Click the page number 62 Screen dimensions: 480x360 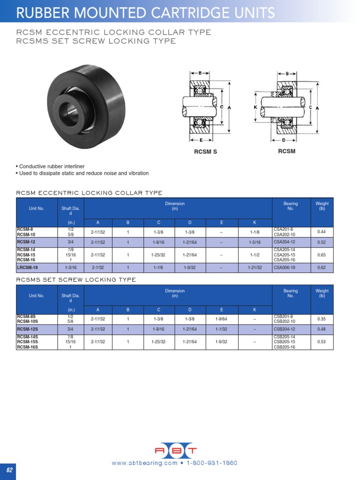[x=8, y=470]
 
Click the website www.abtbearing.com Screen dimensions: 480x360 [x=144, y=463]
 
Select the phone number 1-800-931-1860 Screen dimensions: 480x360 [x=212, y=463]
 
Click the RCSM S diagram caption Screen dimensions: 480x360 [x=206, y=152]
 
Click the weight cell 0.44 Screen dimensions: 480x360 [x=321, y=232]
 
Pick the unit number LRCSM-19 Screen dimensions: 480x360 [x=27, y=268]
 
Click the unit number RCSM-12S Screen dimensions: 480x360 [x=27, y=329]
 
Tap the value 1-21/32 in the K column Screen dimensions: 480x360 [x=255, y=268]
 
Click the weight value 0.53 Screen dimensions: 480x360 [x=321, y=342]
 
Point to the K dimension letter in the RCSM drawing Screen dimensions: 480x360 [x=255, y=107]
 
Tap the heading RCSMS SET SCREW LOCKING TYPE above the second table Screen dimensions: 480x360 [x=76, y=280]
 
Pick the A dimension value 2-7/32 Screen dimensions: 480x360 [x=98, y=268]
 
